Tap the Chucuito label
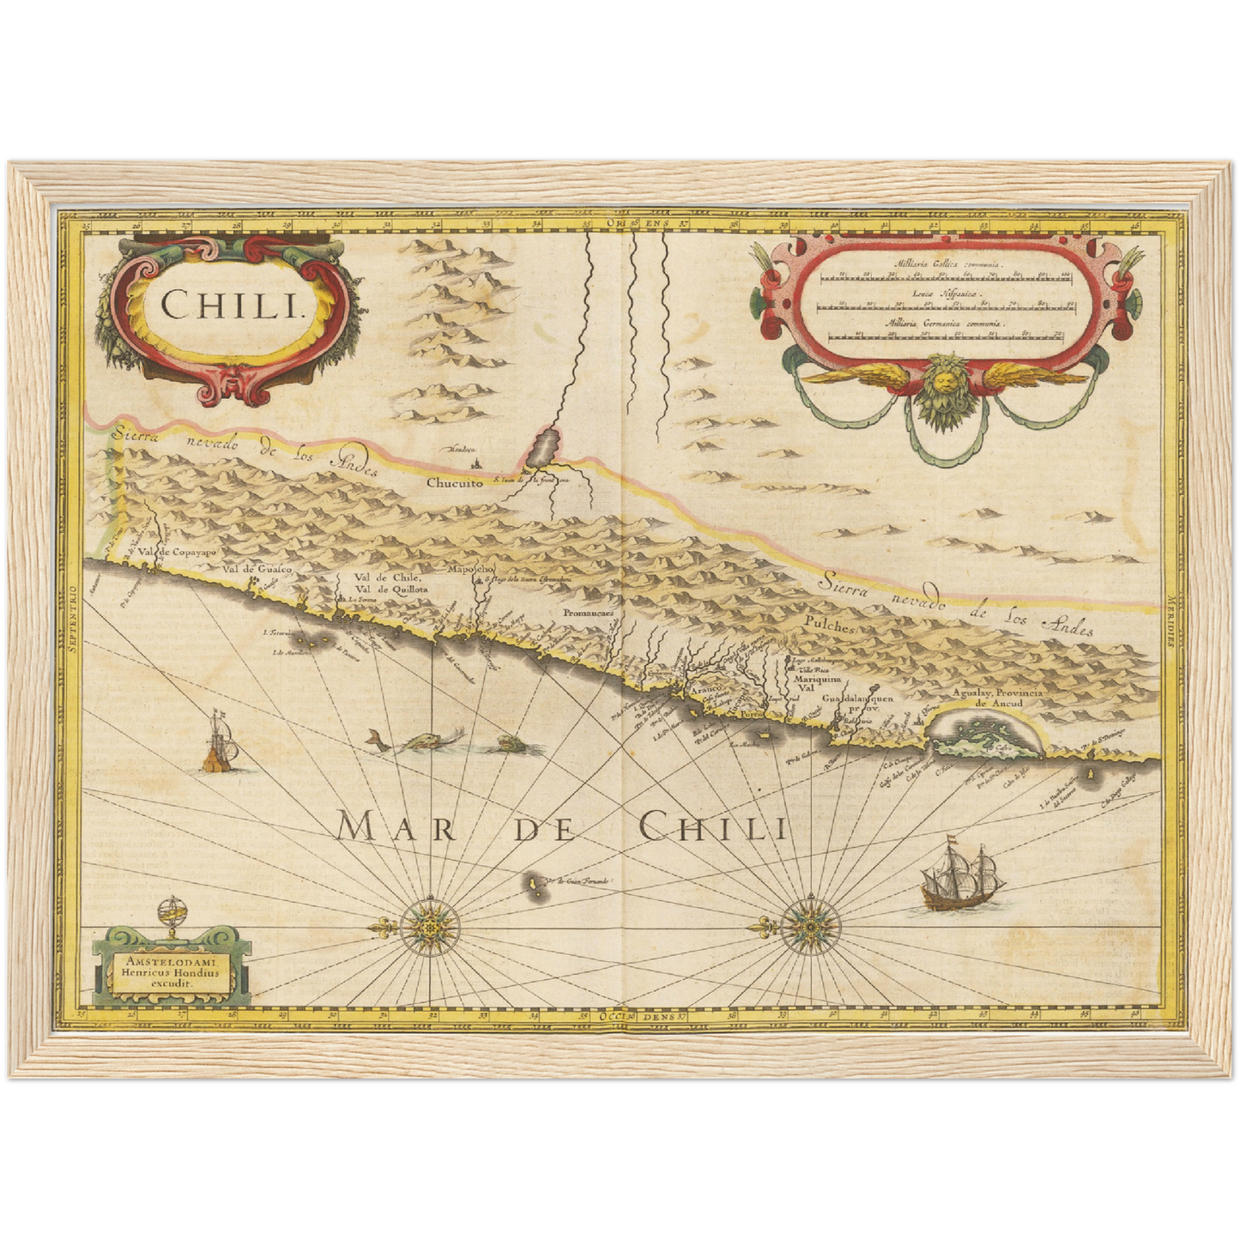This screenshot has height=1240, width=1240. [455, 483]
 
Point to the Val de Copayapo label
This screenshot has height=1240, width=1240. [179, 552]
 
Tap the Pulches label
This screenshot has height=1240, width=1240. [830, 627]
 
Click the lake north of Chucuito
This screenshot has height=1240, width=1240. [543, 447]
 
